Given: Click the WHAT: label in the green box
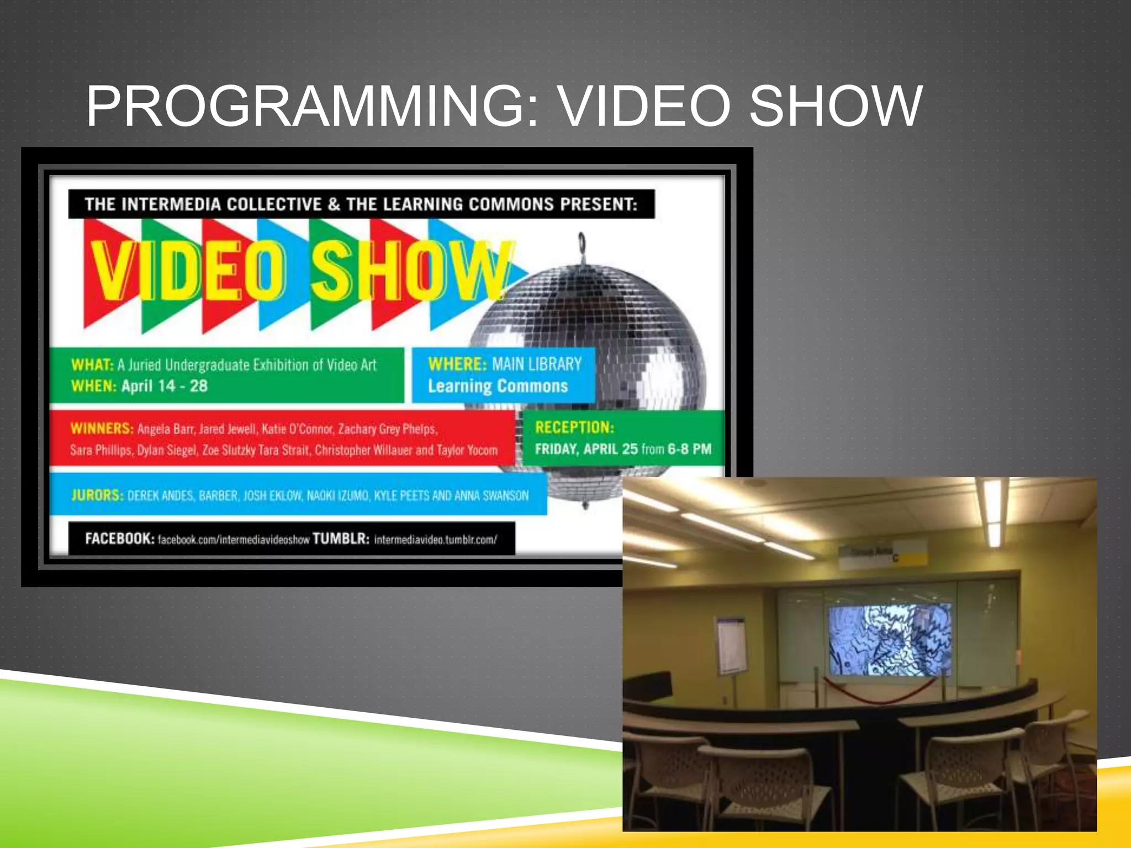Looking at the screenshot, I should (92, 365).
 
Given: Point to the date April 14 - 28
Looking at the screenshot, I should (165, 386).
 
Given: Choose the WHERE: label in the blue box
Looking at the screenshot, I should (457, 364).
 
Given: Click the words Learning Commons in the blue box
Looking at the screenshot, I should (498, 386).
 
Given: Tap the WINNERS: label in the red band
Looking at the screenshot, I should (102, 428).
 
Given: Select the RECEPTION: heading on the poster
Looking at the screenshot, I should (574, 427).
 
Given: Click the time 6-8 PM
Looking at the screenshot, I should (689, 449).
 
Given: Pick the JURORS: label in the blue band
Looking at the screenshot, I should (97, 495).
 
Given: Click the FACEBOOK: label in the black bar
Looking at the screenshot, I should (119, 538).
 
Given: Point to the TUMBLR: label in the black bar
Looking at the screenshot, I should (341, 538).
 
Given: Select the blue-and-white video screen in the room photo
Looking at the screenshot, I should (890, 639).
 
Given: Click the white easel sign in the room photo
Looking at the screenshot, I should (731, 645).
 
